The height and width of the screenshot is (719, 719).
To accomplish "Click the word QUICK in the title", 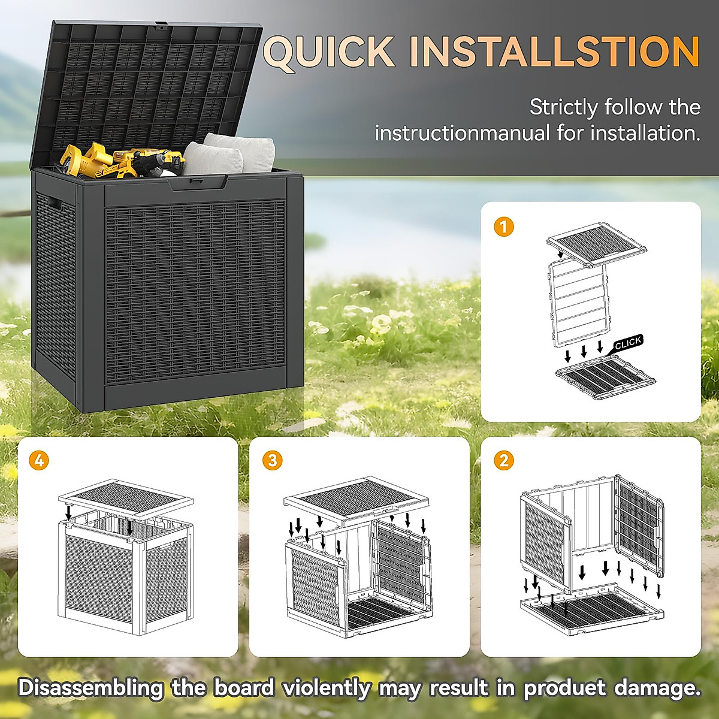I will coord(329,52).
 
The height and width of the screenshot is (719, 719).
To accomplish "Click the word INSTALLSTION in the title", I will coord(555,52).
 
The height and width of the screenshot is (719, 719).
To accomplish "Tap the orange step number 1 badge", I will coord(504,226).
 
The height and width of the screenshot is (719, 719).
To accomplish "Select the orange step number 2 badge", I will coord(504,460).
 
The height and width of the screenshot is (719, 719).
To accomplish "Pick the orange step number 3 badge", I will coord(273,460).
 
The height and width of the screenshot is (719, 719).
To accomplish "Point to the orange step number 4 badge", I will coord(40,460).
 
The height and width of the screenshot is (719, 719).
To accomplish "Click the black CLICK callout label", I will coord(627,343).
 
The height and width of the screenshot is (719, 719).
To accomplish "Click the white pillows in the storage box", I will coord(228,153).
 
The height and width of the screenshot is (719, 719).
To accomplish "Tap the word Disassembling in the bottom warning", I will coord(90,688).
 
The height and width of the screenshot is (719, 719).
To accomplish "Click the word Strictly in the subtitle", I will coord(563,107).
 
